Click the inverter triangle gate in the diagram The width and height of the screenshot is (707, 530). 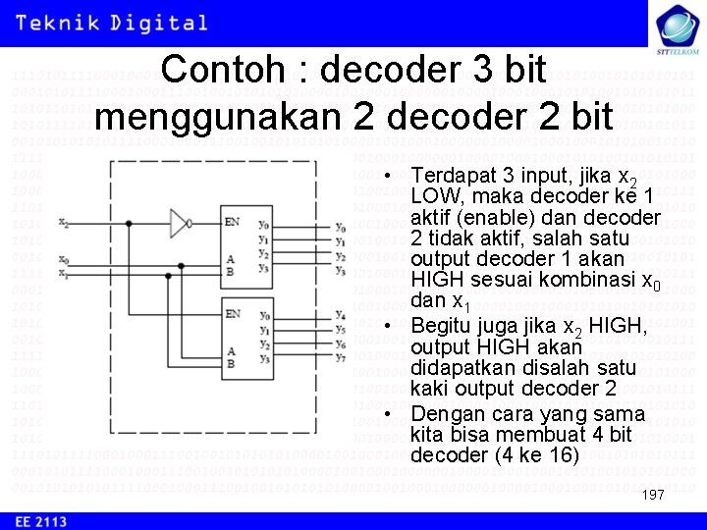click(180, 223)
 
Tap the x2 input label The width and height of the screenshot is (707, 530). click(64, 224)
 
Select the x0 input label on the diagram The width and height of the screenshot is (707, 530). click(64, 259)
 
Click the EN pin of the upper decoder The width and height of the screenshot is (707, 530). click(232, 223)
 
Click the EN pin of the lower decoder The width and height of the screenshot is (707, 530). click(232, 313)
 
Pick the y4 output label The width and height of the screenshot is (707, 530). click(340, 314)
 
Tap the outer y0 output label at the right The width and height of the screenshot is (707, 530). click(340, 228)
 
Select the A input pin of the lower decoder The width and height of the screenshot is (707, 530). click(231, 350)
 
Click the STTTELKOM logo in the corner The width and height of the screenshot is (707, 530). click(676, 27)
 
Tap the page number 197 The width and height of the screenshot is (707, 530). click(653, 495)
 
